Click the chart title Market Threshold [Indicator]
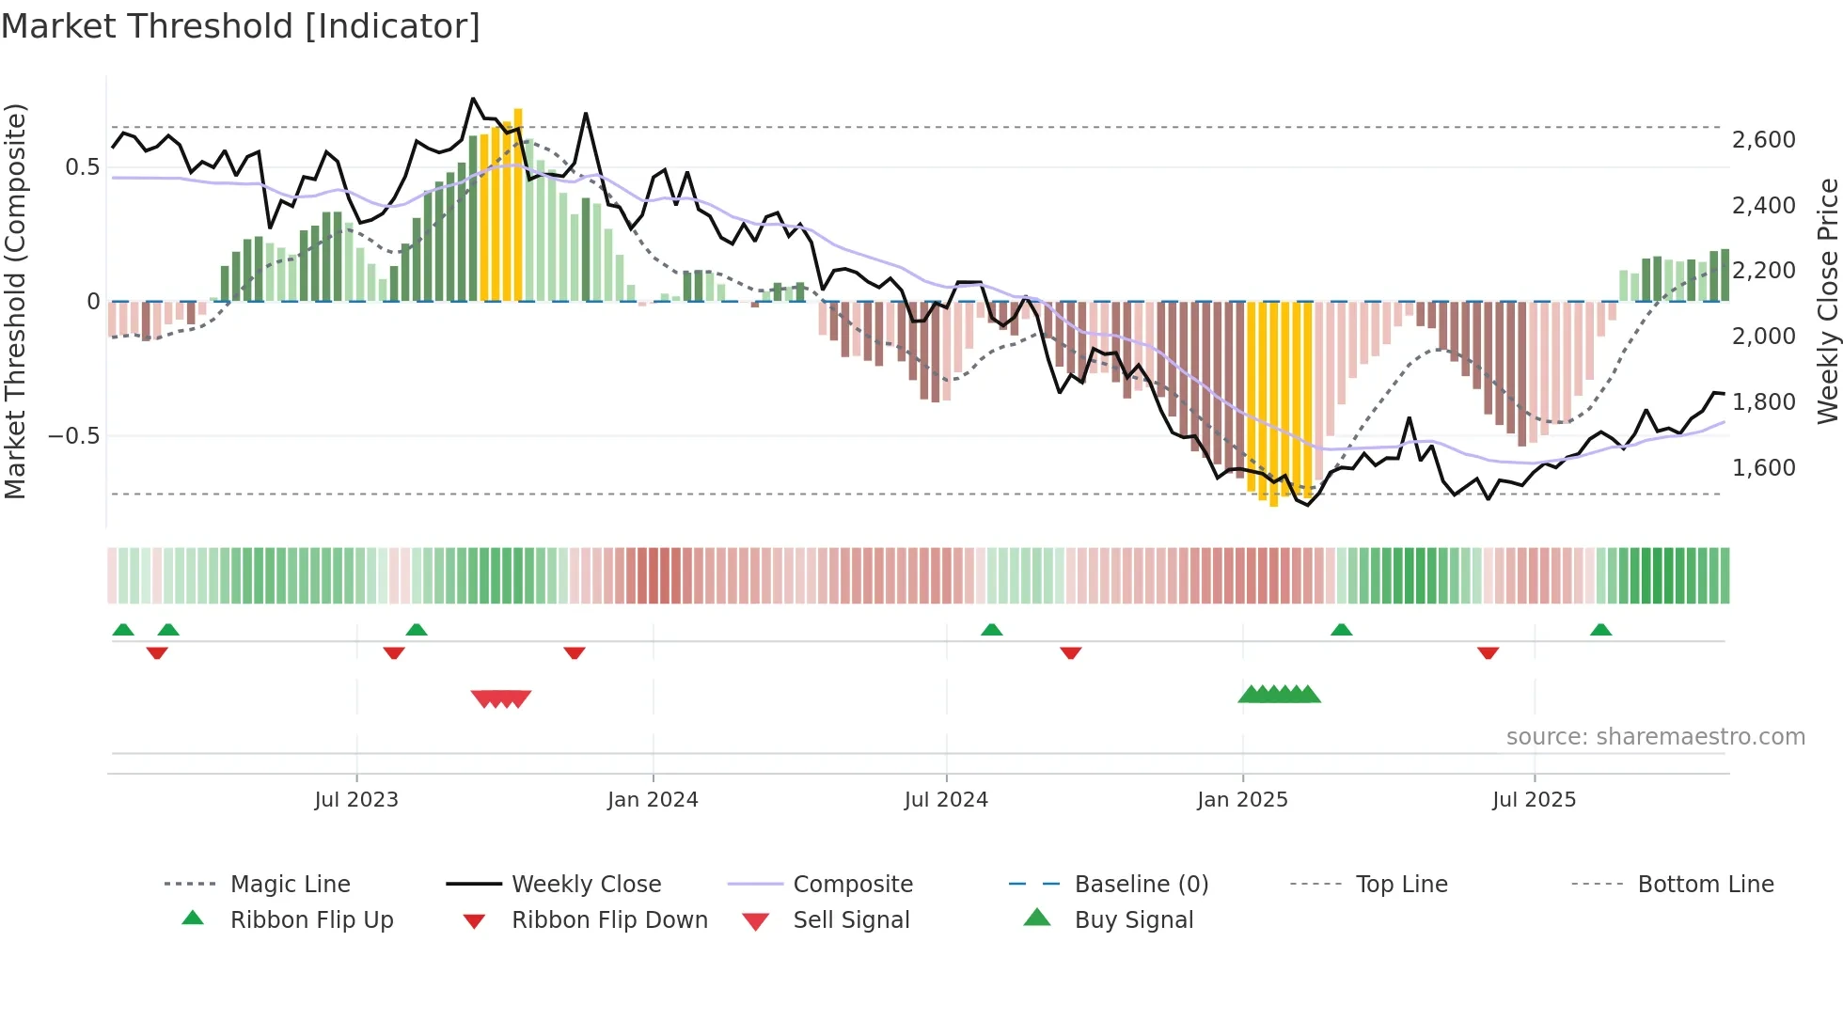(241, 26)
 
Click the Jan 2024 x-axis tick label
(653, 800)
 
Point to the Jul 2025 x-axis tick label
(1534, 800)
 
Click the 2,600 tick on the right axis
(1763, 140)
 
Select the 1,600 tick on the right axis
(1763, 467)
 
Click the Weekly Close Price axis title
(1827, 301)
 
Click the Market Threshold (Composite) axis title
(15, 301)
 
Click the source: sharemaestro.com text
(1655, 737)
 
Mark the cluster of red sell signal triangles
(501, 699)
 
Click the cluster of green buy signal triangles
(1279, 695)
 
